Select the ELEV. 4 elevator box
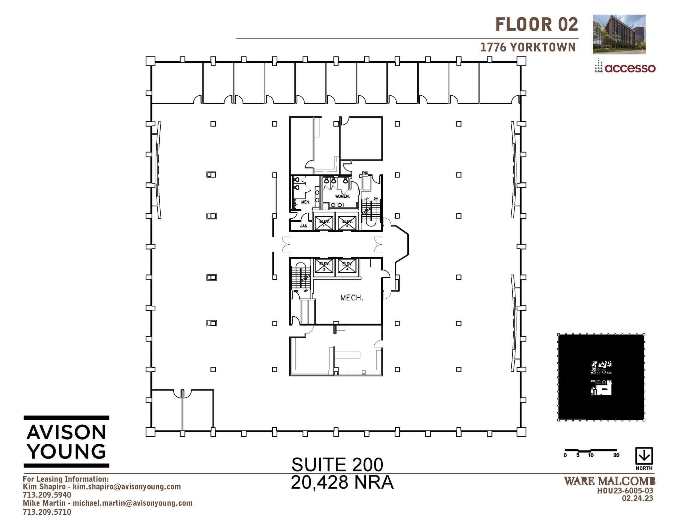point(347,266)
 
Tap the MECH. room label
point(351,298)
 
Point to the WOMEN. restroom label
point(342,196)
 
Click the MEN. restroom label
point(306,202)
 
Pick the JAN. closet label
point(304,226)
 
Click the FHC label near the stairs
point(365,173)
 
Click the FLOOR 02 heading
point(537,25)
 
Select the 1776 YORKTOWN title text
point(528,48)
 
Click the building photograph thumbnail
point(619,34)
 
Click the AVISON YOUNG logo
point(67,442)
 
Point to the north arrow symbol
point(644,456)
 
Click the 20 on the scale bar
point(616,455)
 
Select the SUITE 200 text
point(337,465)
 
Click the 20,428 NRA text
point(342,482)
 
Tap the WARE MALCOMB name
point(610,481)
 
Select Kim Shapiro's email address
point(127,487)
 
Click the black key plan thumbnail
point(601,377)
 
